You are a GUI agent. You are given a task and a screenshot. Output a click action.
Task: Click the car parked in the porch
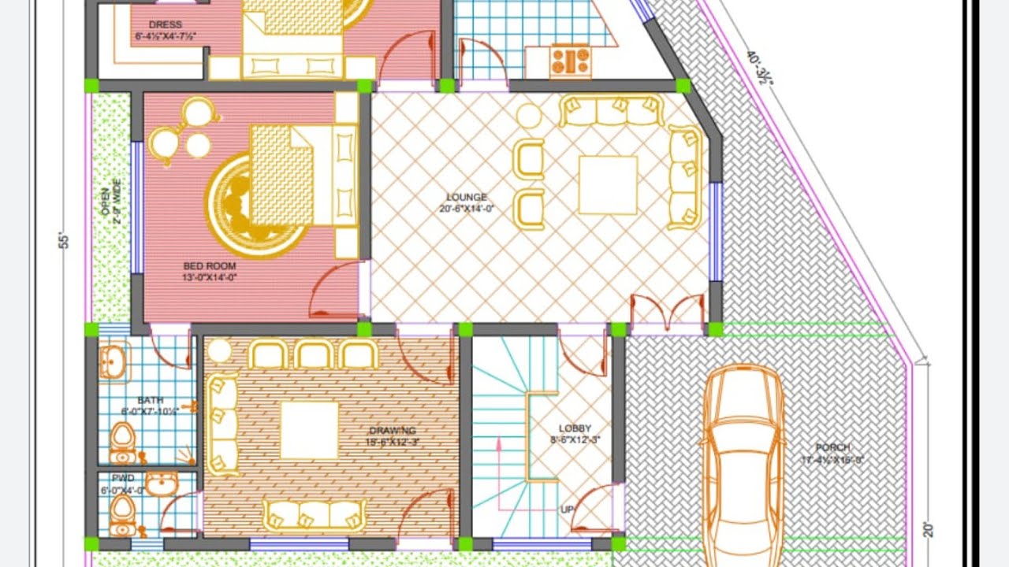[743, 465]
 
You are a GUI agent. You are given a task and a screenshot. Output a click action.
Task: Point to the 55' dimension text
[65, 240]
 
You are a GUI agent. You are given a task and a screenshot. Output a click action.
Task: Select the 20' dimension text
[928, 529]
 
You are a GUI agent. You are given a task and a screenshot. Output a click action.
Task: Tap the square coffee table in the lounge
[607, 185]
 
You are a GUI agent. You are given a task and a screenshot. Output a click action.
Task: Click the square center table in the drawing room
[309, 430]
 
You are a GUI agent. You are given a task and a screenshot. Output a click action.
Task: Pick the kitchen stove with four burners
[570, 60]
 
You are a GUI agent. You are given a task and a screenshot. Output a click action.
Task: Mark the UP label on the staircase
[566, 510]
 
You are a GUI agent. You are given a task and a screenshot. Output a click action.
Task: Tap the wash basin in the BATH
[111, 363]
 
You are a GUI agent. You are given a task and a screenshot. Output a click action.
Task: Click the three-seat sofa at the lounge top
[611, 111]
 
